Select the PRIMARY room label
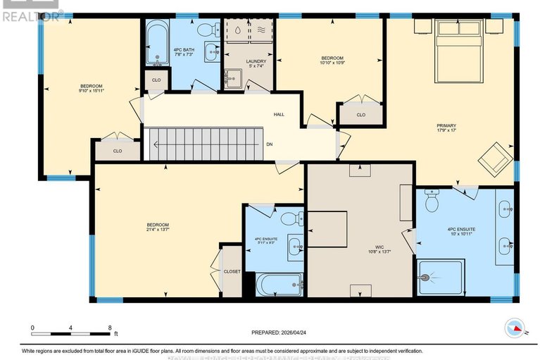(x=446, y=126)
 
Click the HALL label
(x=279, y=114)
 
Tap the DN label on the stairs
(x=270, y=144)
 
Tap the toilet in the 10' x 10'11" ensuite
(x=433, y=203)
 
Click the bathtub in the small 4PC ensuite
(x=279, y=285)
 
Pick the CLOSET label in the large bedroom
(x=232, y=271)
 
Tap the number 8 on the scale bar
(x=109, y=328)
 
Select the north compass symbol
(x=515, y=328)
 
